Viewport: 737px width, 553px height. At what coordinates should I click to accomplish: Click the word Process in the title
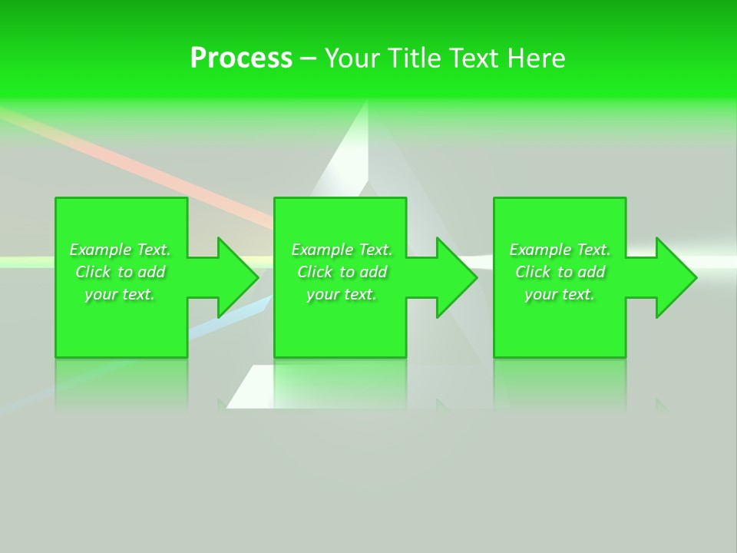tap(241, 58)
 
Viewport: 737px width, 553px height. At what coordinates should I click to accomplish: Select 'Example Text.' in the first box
tap(120, 250)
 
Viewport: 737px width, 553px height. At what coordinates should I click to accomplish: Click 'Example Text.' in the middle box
tap(342, 250)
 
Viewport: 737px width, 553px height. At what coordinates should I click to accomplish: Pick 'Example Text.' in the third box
tap(560, 250)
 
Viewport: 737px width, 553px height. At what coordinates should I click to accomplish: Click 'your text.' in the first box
tap(120, 294)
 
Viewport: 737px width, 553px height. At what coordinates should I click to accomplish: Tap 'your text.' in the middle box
tap(342, 294)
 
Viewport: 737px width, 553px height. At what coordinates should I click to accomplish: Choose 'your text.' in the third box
tap(560, 294)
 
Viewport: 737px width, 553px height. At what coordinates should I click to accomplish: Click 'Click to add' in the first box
tap(120, 272)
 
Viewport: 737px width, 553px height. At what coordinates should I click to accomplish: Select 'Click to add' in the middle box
tap(342, 272)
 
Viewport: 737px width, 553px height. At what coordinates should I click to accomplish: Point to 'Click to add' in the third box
tap(560, 272)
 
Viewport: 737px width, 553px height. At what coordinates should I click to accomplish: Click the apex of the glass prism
tap(368, 108)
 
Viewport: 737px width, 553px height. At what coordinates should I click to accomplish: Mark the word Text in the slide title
tap(474, 58)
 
